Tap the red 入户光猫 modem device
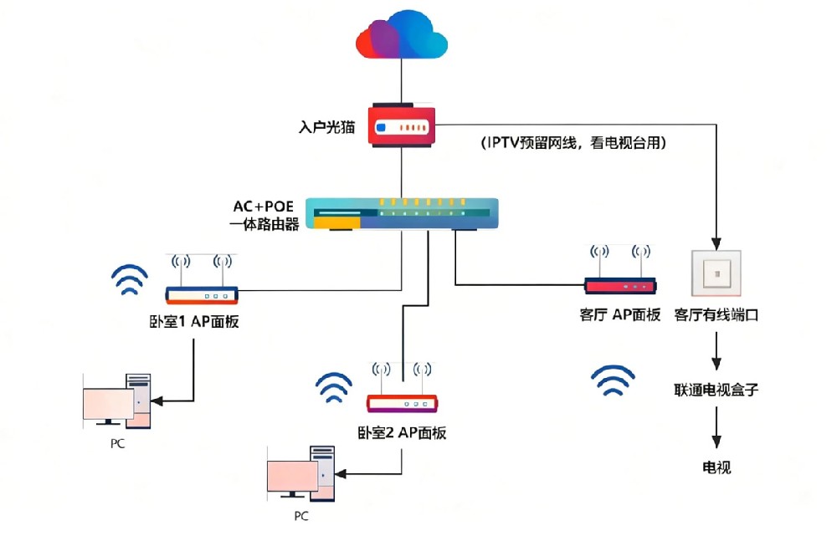point(402,129)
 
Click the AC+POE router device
point(402,214)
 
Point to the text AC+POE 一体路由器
point(265,215)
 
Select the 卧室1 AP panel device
point(201,293)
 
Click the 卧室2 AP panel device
point(403,402)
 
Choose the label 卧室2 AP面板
point(402,432)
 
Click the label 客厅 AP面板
point(620,315)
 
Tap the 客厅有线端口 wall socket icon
point(716,275)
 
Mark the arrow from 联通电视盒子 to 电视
point(716,429)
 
